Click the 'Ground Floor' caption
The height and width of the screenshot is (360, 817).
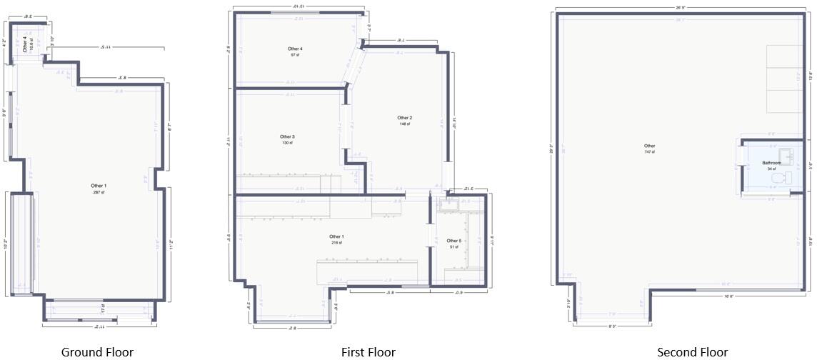pos(97,351)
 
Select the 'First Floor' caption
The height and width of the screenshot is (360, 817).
pos(368,351)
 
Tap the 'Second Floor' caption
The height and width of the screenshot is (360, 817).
pos(692,351)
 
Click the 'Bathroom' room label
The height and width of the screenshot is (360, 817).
pos(771,164)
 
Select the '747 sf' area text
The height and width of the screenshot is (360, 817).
pos(649,152)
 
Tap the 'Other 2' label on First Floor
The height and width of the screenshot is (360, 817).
pos(405,118)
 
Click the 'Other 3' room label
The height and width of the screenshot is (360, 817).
pos(287,136)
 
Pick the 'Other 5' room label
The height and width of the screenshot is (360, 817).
pos(453,241)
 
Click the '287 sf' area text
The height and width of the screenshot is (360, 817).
pos(99,193)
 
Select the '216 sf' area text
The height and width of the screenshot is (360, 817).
pos(336,243)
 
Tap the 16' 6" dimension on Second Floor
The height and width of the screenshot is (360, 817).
pos(728,295)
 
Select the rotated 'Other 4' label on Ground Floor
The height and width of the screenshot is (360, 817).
pos(25,44)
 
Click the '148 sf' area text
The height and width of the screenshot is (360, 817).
pos(405,124)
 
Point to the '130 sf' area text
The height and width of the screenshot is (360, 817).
pos(287,143)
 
